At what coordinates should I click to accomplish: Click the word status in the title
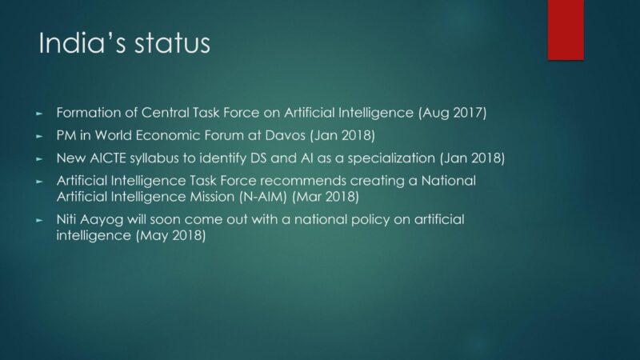[172, 43]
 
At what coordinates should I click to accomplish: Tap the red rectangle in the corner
[566, 30]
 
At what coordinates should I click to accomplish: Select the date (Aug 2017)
[452, 113]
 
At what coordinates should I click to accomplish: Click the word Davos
[285, 135]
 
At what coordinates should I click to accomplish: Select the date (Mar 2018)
[326, 197]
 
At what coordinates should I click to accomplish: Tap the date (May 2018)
[170, 235]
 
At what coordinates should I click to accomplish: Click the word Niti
[66, 219]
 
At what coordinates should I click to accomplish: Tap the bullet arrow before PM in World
[39, 136]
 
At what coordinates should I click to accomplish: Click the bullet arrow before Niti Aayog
[39, 221]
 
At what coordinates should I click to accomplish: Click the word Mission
[212, 197]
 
